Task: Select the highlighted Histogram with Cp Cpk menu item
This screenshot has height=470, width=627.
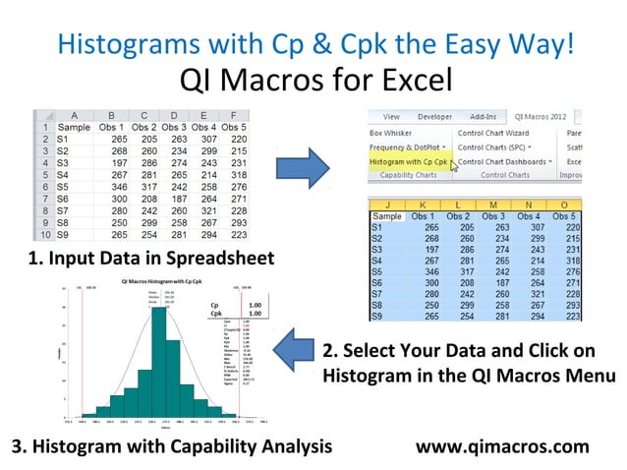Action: (x=409, y=161)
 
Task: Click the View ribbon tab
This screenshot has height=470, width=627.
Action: (x=391, y=116)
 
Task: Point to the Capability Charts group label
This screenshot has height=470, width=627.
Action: (x=407, y=176)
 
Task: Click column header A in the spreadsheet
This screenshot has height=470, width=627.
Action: (x=75, y=114)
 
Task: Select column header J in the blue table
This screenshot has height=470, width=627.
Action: (x=386, y=204)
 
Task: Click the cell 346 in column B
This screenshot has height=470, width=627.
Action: (x=109, y=184)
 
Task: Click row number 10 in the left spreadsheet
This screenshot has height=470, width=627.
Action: (x=43, y=236)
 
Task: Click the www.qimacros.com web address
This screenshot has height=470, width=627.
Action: (x=503, y=447)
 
